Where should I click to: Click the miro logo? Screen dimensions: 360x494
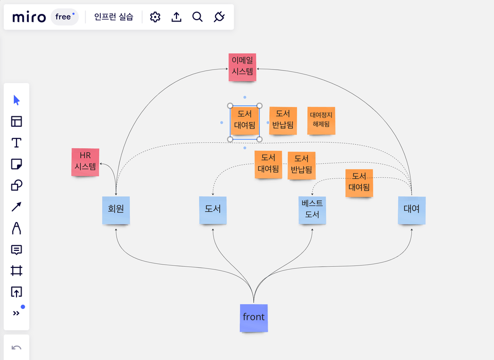click(x=29, y=17)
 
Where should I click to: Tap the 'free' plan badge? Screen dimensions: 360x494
click(x=64, y=17)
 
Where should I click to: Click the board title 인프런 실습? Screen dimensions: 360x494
click(x=114, y=17)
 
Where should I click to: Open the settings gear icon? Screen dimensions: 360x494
click(x=155, y=17)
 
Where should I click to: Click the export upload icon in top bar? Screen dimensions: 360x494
click(x=177, y=17)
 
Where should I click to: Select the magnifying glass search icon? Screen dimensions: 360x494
click(x=198, y=17)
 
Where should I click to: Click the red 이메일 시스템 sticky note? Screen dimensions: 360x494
click(x=242, y=67)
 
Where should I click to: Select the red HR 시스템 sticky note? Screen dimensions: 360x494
click(x=85, y=161)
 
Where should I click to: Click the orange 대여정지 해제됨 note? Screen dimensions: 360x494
click(x=321, y=120)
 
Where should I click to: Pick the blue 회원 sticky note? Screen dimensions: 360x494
click(x=116, y=210)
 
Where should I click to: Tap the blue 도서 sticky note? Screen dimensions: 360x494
click(x=213, y=210)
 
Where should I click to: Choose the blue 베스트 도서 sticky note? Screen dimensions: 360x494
click(x=312, y=210)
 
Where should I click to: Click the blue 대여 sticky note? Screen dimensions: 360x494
click(x=411, y=210)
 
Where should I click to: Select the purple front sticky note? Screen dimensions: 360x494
click(x=254, y=317)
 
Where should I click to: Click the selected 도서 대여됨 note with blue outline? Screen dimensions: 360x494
click(x=244, y=122)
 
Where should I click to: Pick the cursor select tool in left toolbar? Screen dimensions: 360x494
click(x=16, y=100)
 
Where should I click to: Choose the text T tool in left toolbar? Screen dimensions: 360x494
click(x=16, y=143)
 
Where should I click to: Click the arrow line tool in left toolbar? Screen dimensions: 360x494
click(x=16, y=207)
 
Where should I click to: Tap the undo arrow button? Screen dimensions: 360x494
click(x=16, y=348)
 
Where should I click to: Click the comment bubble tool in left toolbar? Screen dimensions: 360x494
click(x=16, y=250)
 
